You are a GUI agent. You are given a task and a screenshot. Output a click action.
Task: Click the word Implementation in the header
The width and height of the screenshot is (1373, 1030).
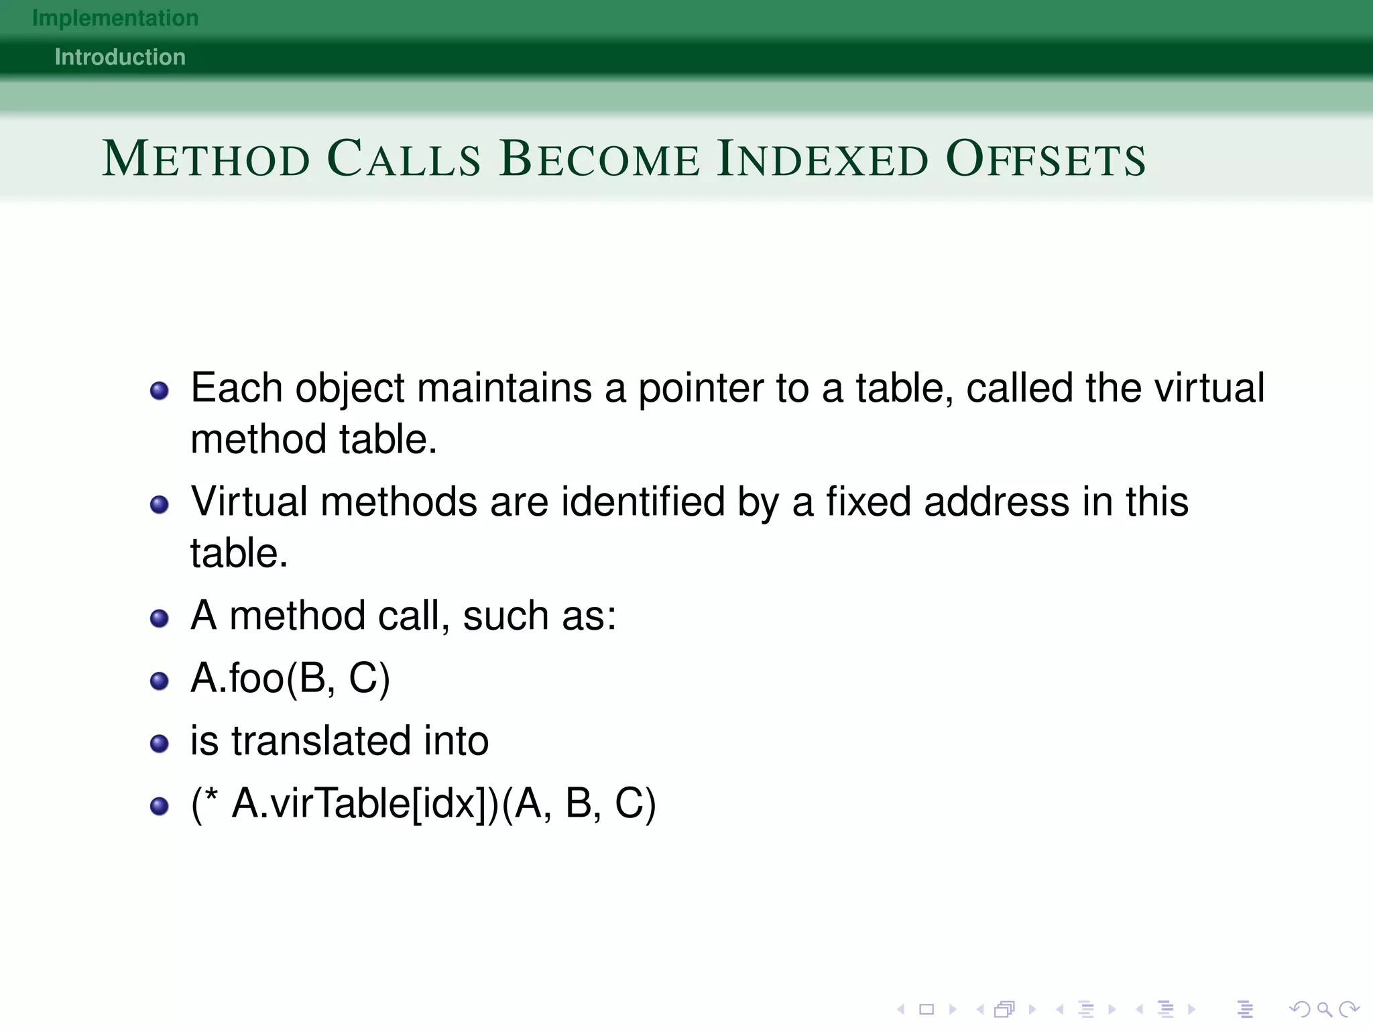pyautogui.click(x=115, y=18)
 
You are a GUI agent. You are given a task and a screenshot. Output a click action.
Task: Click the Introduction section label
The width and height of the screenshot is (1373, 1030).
pyautogui.click(x=120, y=57)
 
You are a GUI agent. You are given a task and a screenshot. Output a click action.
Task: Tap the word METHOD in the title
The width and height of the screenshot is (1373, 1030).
pyautogui.click(x=206, y=160)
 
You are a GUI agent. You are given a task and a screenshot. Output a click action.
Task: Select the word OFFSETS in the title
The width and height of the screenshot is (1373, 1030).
pyautogui.click(x=1046, y=160)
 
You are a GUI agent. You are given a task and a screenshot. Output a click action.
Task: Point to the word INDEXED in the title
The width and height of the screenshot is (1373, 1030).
pyautogui.click(x=823, y=160)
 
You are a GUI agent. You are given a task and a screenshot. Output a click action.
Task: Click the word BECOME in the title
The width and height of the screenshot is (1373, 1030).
pyautogui.click(x=599, y=160)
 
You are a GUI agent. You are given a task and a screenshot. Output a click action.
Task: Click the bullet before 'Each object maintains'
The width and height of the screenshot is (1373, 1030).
pyautogui.click(x=160, y=390)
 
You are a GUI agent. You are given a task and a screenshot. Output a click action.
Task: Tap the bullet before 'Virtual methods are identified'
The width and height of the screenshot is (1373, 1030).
pyautogui.click(x=160, y=504)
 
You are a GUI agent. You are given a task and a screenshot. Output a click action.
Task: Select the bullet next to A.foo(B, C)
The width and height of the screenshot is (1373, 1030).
pyautogui.click(x=160, y=681)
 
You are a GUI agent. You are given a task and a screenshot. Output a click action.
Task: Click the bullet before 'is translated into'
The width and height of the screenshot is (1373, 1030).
pyautogui.click(x=160, y=744)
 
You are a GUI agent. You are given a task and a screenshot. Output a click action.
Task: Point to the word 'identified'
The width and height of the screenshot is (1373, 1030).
pyautogui.click(x=643, y=502)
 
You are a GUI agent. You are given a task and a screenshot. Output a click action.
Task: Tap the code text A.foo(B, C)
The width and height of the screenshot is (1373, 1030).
pyautogui.click(x=290, y=679)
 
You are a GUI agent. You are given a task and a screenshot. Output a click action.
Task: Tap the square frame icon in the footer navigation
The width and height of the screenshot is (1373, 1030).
pyautogui.click(x=927, y=1009)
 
